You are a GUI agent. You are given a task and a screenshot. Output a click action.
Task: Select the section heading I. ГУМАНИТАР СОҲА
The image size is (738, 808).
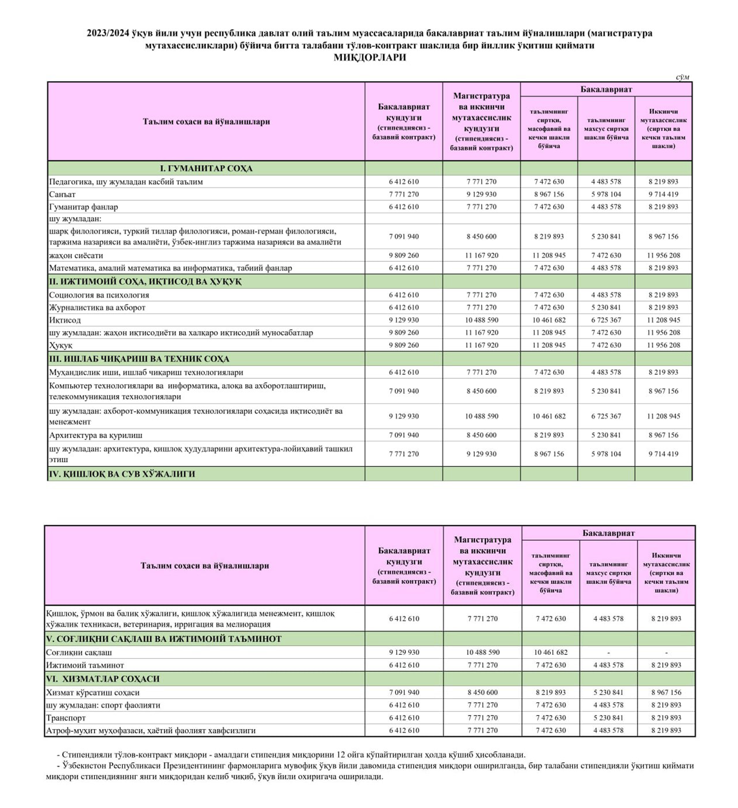pyautogui.click(x=206, y=168)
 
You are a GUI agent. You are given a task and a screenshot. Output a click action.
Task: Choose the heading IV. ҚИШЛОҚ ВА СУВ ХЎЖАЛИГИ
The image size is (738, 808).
pyautogui.click(x=122, y=474)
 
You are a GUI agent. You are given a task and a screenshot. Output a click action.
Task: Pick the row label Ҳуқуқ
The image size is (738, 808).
pyautogui.click(x=61, y=345)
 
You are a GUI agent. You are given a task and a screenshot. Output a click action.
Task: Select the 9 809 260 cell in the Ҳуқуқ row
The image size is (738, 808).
pyautogui.click(x=404, y=345)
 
